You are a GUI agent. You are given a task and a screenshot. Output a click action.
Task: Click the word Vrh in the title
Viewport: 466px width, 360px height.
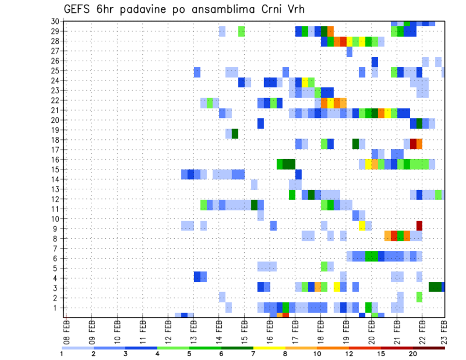pos(295,10)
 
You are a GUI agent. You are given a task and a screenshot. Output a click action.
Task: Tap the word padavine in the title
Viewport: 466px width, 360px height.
pos(143,10)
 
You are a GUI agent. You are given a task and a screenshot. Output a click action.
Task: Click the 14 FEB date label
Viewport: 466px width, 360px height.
pos(219,330)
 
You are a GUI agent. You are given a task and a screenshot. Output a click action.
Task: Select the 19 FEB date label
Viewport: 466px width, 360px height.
pos(346,330)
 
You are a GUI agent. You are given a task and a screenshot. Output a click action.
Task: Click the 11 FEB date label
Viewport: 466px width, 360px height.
pos(143,330)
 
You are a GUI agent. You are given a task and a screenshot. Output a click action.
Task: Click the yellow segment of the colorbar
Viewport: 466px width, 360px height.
pos(269,348)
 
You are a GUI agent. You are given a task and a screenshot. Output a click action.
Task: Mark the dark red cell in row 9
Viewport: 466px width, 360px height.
pos(419,226)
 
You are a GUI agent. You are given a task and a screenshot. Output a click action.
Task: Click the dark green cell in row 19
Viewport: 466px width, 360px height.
pos(235,133)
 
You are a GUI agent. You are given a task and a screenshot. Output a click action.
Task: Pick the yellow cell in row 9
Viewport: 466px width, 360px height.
pos(362,226)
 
